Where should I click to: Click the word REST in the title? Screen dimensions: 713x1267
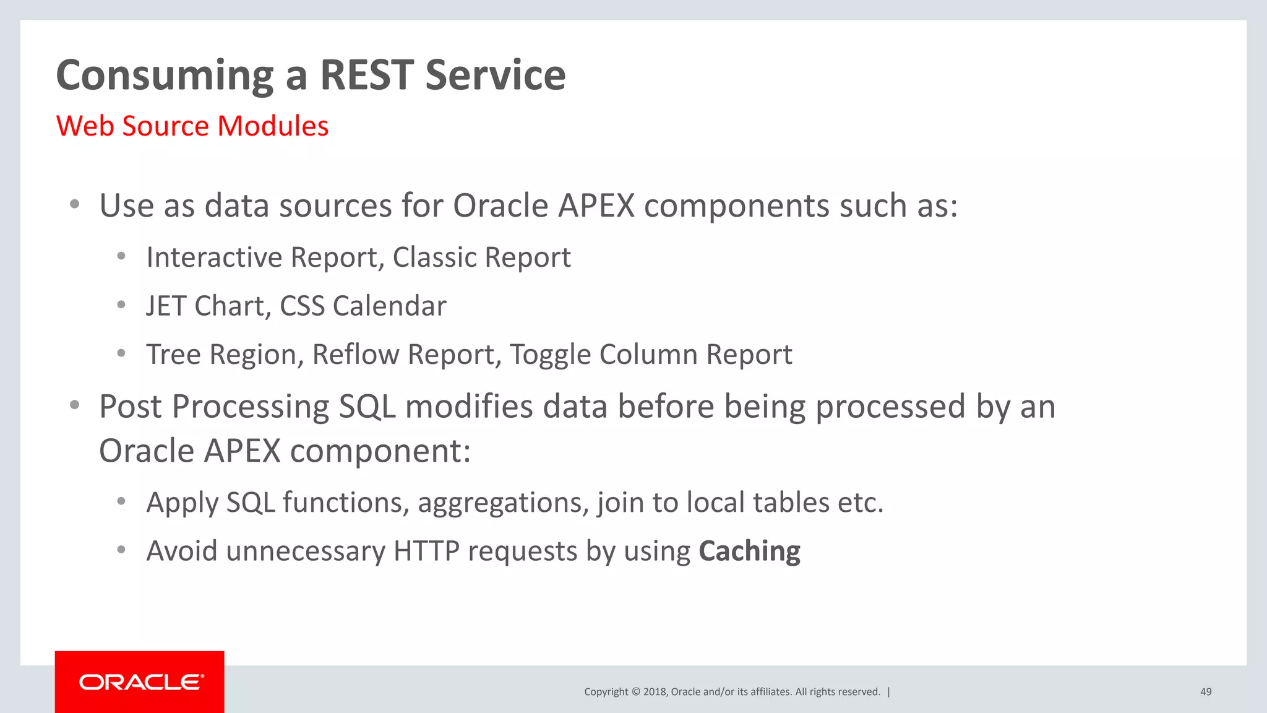366,75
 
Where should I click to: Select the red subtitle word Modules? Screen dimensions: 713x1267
273,126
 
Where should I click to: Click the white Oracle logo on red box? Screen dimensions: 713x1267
140,682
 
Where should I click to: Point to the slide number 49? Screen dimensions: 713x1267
1206,692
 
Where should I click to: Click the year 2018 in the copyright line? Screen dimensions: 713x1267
654,692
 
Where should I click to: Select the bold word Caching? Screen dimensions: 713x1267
749,551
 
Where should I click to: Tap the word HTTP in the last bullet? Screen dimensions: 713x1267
426,551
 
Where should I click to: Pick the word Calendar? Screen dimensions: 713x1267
389,306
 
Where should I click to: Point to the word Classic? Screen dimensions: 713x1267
434,257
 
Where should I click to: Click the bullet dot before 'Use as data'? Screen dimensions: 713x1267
75,204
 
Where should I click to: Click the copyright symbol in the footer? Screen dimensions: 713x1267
635,692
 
